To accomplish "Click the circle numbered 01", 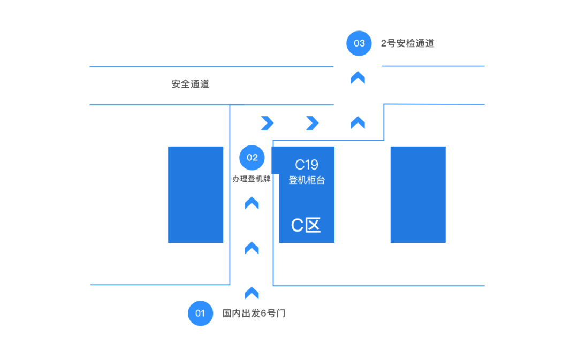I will coord(200,313).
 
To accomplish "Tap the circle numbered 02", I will coord(252,157).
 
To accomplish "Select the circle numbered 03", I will coord(359,43).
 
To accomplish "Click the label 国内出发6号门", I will coord(254,313).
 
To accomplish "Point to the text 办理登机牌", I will coord(252,179).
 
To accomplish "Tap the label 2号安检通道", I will coord(407,43).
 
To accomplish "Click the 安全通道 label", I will coord(190,84).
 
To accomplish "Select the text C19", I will coord(307,165).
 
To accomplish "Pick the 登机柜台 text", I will coord(307,180).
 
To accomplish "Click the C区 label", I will coord(306,225).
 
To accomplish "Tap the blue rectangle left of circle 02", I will coord(195,195).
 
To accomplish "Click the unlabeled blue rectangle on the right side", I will coord(417,195).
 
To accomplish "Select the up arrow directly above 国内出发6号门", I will coord(252,293).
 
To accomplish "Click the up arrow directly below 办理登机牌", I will coord(252,203).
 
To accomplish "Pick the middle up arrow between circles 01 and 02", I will coord(252,248).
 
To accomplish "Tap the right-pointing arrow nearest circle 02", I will coord(267,123).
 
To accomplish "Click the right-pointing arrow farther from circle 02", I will coord(312,123).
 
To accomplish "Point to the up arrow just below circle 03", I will coord(358,78).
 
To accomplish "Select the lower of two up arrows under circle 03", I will coord(358,123).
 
